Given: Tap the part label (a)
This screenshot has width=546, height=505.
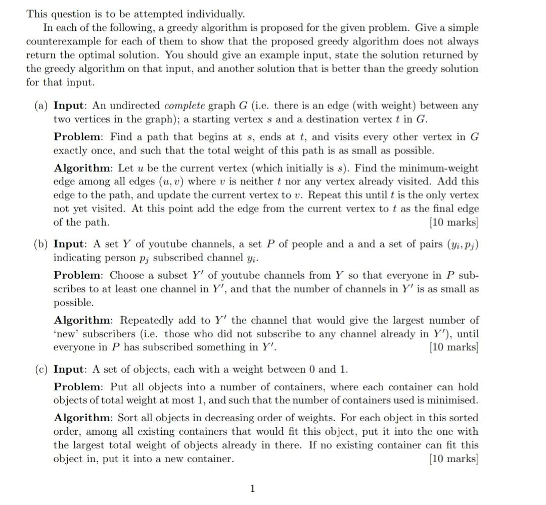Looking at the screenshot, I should (41, 106).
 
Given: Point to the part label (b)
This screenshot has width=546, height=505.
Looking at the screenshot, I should (41, 244).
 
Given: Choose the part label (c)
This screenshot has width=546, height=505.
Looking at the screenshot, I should (41, 369).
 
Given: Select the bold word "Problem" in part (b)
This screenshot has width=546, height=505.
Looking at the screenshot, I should (78, 276).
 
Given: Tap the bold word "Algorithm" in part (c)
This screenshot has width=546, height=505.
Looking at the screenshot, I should (82, 418).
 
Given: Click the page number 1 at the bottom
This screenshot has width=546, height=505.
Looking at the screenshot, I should (253, 488).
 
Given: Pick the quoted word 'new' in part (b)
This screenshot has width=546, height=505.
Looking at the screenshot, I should (66, 334).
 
